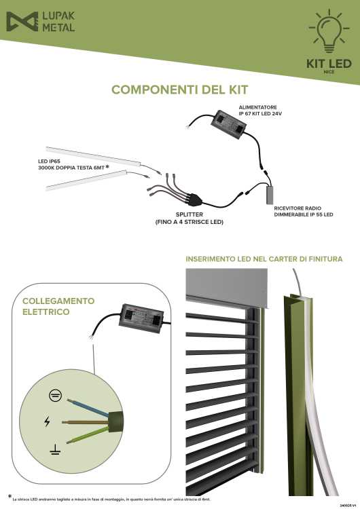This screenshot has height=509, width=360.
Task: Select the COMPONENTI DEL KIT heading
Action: point(180,90)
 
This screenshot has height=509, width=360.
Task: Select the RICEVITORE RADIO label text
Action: point(299,210)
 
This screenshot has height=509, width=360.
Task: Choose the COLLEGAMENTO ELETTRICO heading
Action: point(58,306)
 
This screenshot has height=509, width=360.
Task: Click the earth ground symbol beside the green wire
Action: point(52,449)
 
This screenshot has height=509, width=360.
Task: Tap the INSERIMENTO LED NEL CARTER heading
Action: point(264,259)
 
